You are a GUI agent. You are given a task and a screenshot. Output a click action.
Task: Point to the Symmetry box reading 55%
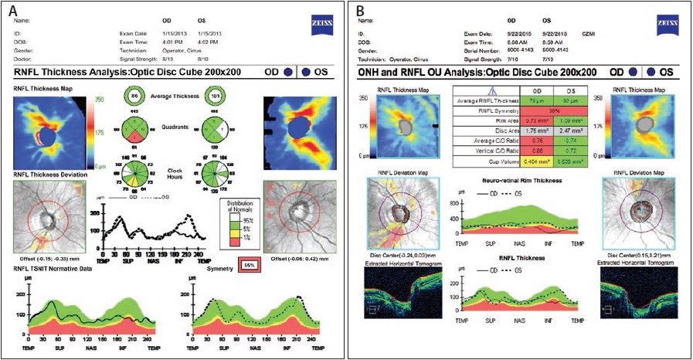[x=250, y=264]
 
